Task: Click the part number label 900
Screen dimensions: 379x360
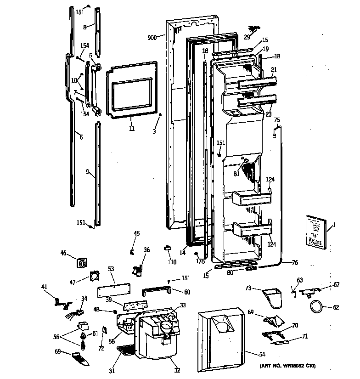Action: (152, 38)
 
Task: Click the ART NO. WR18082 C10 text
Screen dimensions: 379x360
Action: (288, 366)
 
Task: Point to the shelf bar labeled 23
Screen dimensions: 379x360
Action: (257, 100)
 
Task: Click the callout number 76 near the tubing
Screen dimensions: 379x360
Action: (295, 263)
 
